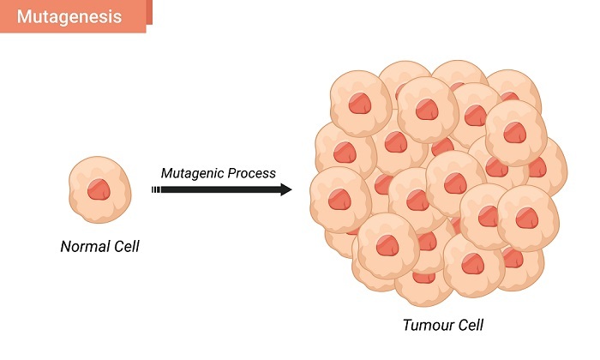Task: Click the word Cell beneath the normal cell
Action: [x=124, y=248]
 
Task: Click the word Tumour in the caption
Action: [x=425, y=326]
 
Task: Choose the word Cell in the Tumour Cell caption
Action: [x=469, y=326]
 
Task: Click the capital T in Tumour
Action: [x=406, y=326]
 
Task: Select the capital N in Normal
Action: [x=66, y=248]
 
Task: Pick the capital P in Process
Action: [x=233, y=173]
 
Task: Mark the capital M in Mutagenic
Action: [x=166, y=173]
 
